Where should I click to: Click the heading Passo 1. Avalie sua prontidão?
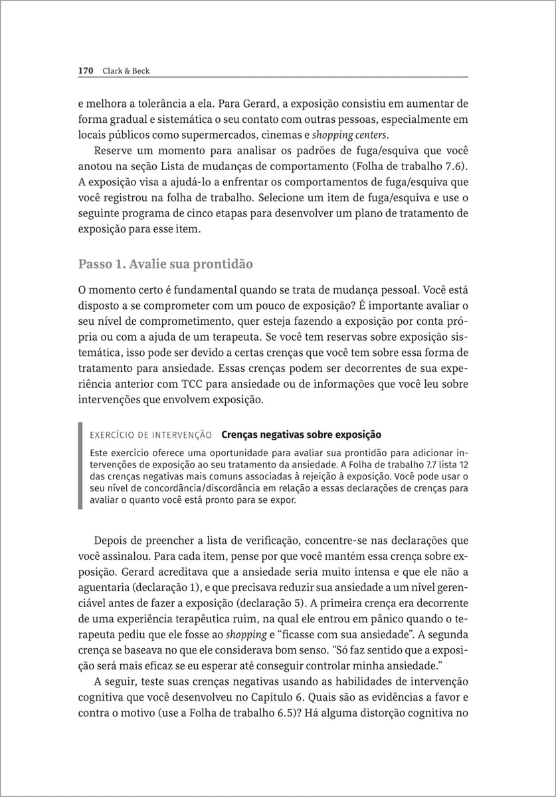tap(165, 264)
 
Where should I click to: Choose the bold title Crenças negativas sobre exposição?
tap(301, 435)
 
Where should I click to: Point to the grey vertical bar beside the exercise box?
tap(80, 466)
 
